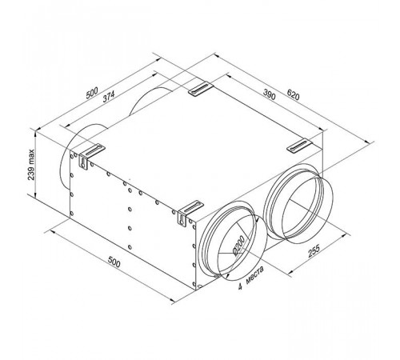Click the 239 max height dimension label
(31, 165)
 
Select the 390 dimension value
(269, 94)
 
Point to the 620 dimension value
(294, 94)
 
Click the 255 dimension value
(314, 251)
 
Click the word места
(255, 275)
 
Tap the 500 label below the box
(114, 262)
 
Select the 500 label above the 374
(92, 93)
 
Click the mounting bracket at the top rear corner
(201, 88)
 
